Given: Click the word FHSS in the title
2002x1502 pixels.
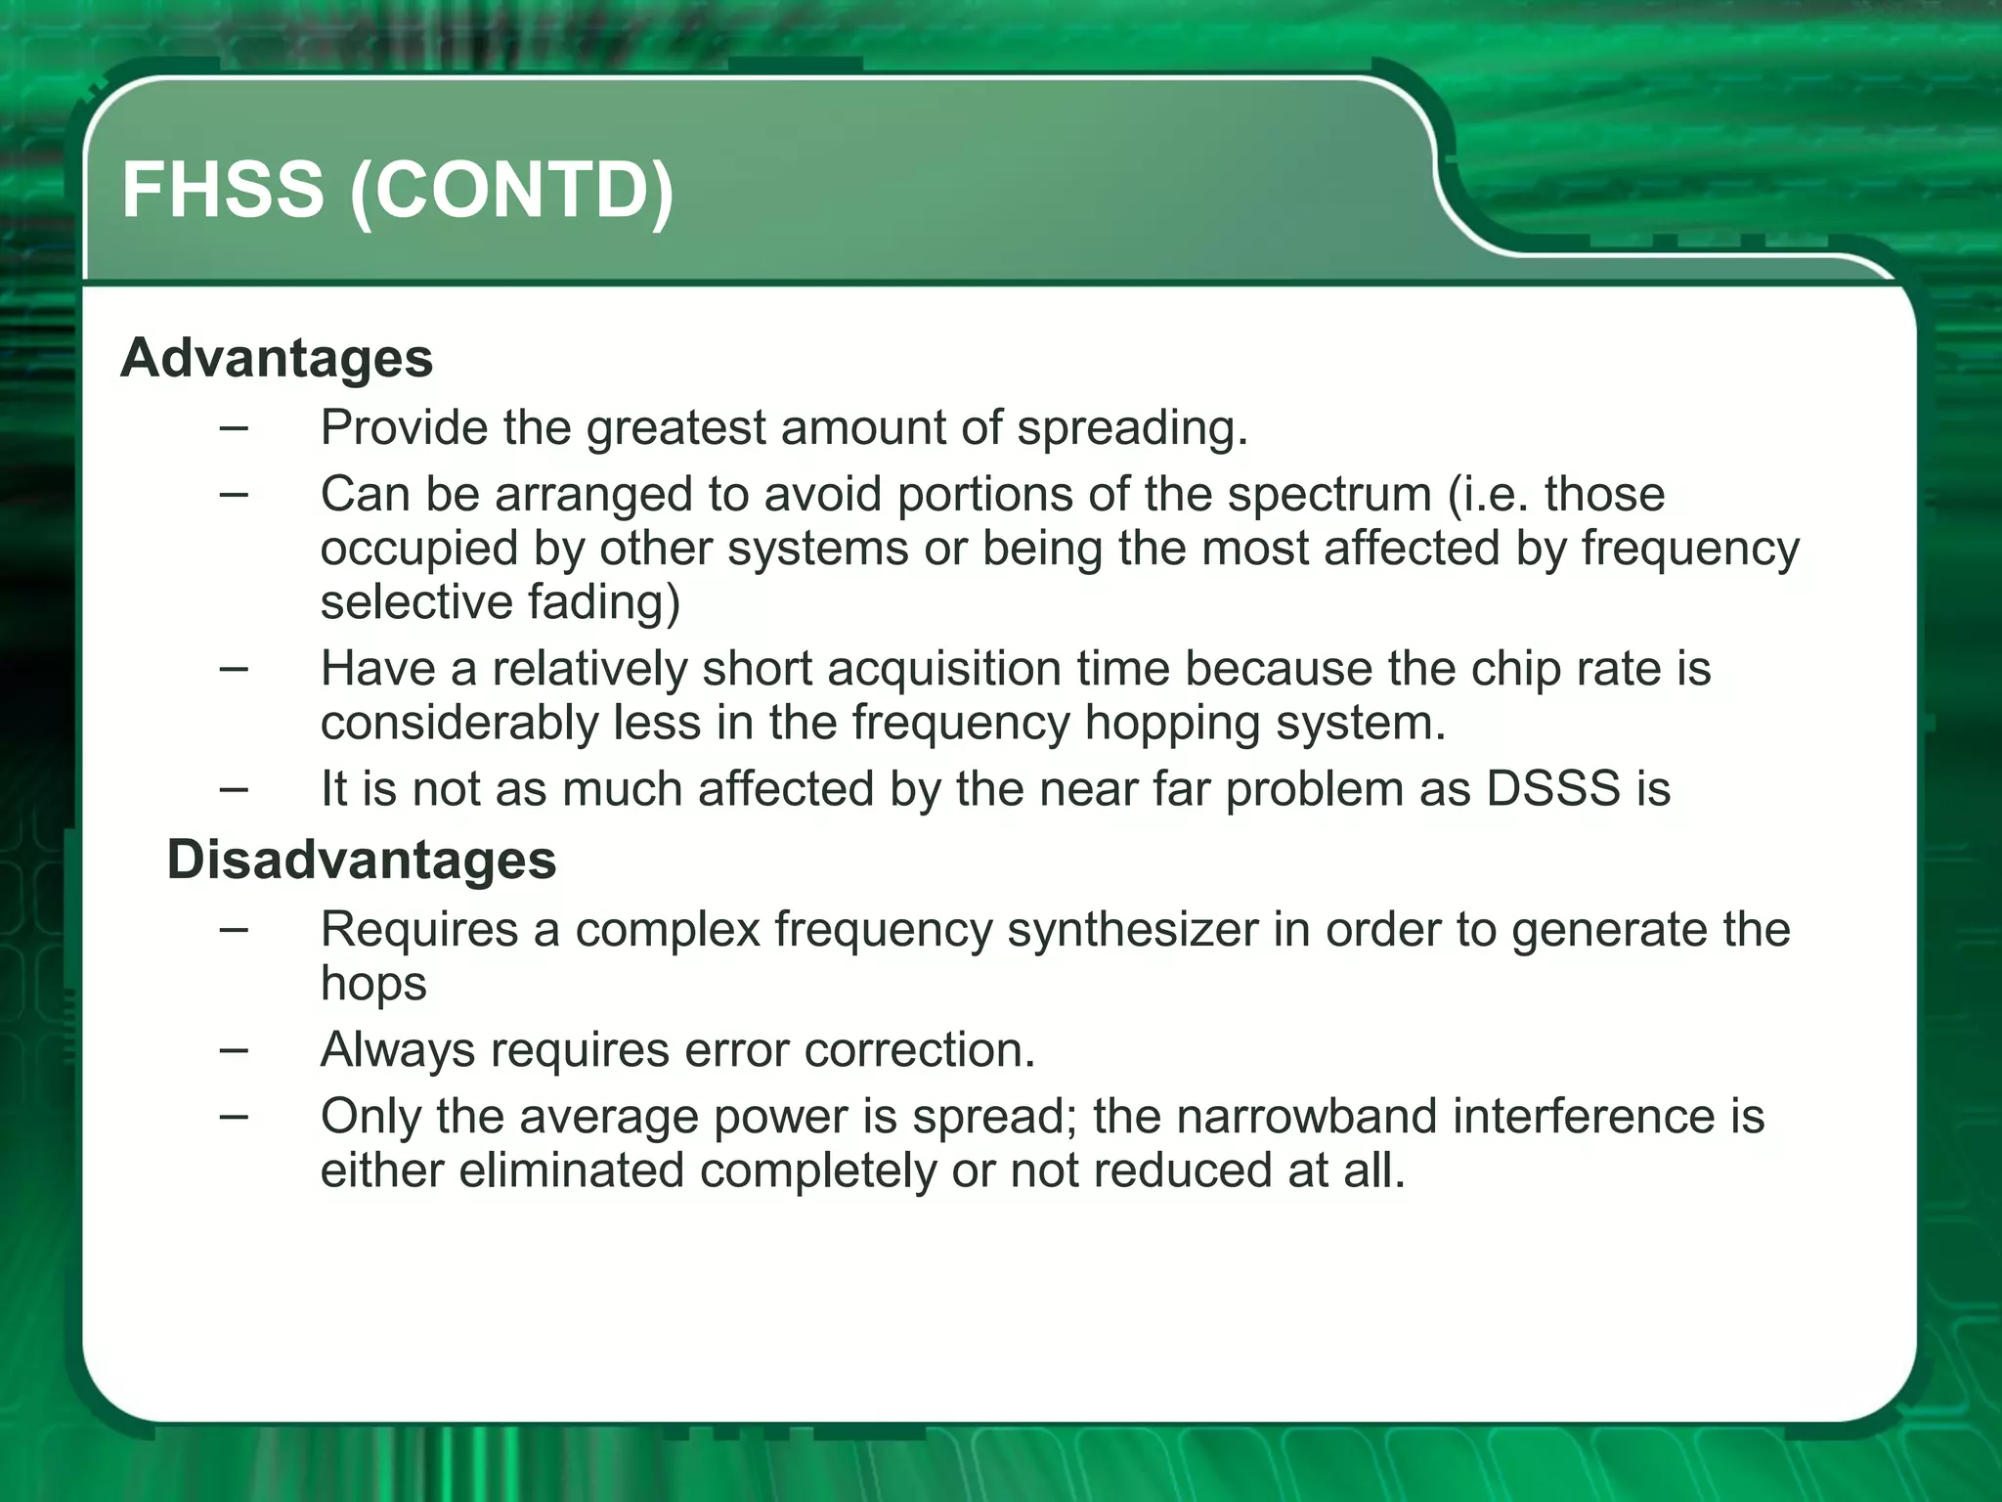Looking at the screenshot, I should [x=222, y=190].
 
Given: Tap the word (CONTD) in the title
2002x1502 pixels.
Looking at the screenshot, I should [x=512, y=192].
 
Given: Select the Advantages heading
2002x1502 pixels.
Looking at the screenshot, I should [x=277, y=358].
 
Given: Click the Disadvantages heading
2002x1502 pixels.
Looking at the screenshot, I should [x=362, y=861].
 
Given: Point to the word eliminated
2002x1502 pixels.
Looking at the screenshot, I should [x=571, y=1171].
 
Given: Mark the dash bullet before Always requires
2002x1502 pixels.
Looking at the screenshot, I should [x=234, y=1050].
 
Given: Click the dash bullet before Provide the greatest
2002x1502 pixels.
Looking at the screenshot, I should [x=234, y=427].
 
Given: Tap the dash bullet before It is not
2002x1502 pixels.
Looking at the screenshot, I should [x=234, y=788].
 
